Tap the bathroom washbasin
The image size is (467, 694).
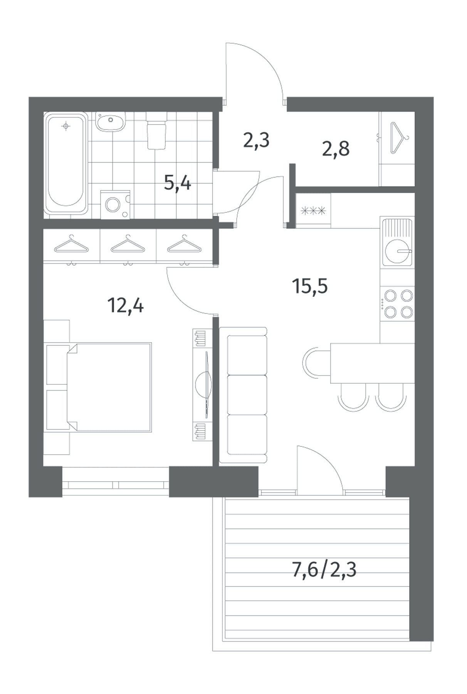111,121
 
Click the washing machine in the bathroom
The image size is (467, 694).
115,204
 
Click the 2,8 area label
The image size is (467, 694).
336,148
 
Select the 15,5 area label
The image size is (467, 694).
310,286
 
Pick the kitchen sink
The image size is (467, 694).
397,242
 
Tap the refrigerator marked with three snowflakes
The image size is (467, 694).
313,211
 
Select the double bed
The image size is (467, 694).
109,387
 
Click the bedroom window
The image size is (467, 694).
115,482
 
